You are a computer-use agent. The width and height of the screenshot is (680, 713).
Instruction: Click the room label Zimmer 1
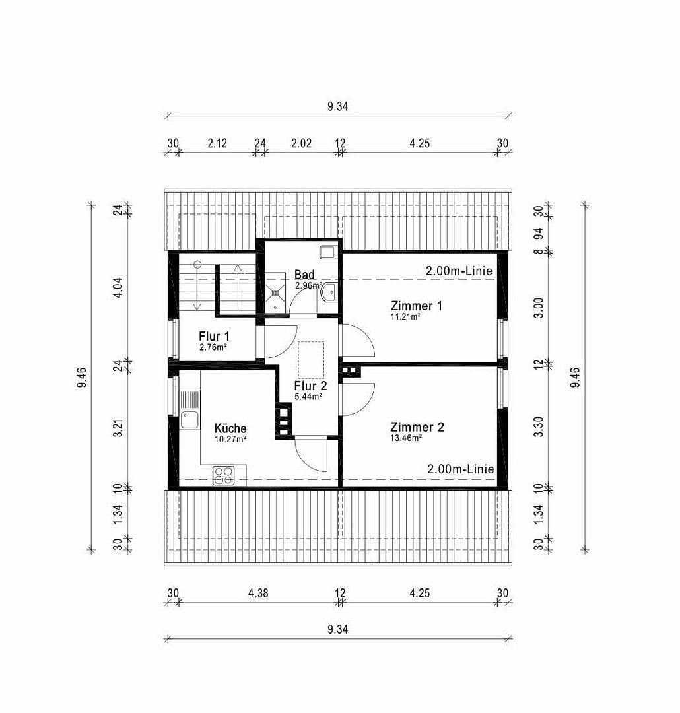(416, 306)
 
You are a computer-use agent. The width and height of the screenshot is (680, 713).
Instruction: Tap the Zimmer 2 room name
(417, 427)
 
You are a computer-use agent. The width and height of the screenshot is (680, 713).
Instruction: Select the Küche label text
(230, 428)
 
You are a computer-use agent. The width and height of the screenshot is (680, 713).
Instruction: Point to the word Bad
(304, 275)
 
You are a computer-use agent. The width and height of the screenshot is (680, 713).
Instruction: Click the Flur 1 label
(213, 336)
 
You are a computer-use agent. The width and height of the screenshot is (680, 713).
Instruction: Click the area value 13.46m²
(406, 438)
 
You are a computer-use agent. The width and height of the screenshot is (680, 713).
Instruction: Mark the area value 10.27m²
(230, 439)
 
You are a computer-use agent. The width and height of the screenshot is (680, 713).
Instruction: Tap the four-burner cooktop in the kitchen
(224, 475)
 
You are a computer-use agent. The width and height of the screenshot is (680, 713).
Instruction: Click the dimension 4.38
(257, 593)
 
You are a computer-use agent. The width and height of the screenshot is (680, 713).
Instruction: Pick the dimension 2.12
(217, 143)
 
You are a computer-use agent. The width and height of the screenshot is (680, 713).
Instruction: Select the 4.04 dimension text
(119, 288)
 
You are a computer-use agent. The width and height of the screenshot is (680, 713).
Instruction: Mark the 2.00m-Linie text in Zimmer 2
(460, 469)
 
